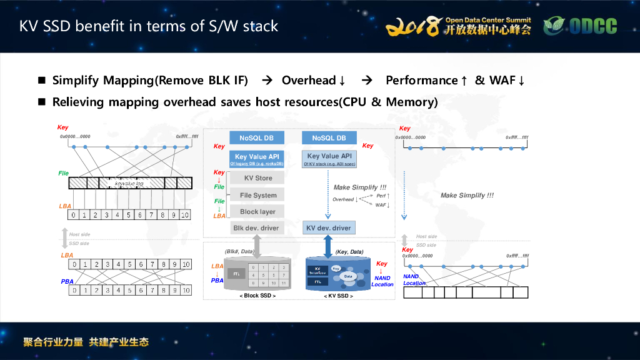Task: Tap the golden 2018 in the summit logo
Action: tap(412, 26)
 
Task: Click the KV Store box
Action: tap(257, 178)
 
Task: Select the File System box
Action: tap(257, 195)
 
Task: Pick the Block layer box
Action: tap(257, 211)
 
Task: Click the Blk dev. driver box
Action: tap(256, 228)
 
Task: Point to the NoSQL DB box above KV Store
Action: tap(257, 138)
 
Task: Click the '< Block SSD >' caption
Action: tap(258, 296)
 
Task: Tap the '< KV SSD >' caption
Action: tap(338, 296)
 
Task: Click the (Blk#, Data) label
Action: tap(240, 251)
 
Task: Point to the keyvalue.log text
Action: tap(129, 183)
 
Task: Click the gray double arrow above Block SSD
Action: tap(256, 246)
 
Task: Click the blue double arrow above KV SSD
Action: tap(328, 246)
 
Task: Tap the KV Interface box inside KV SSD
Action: tap(317, 271)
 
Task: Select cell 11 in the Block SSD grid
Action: tap(284, 282)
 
